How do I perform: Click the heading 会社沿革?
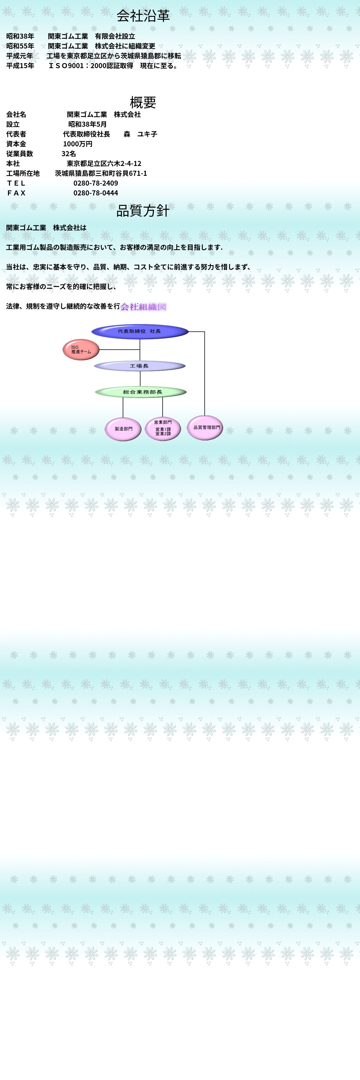143,16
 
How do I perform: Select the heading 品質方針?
143,211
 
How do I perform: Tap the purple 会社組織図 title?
143,307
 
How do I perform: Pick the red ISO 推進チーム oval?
81,350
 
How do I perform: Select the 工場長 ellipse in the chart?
140,366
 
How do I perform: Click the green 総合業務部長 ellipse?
141,392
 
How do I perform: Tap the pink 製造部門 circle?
123,429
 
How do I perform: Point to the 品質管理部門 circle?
205,428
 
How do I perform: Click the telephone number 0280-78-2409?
96,183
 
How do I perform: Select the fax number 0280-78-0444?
96,193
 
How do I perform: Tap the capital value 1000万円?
78,144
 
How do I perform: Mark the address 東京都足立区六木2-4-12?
104,163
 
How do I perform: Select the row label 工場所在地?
23,173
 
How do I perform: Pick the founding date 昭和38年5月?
87,124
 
